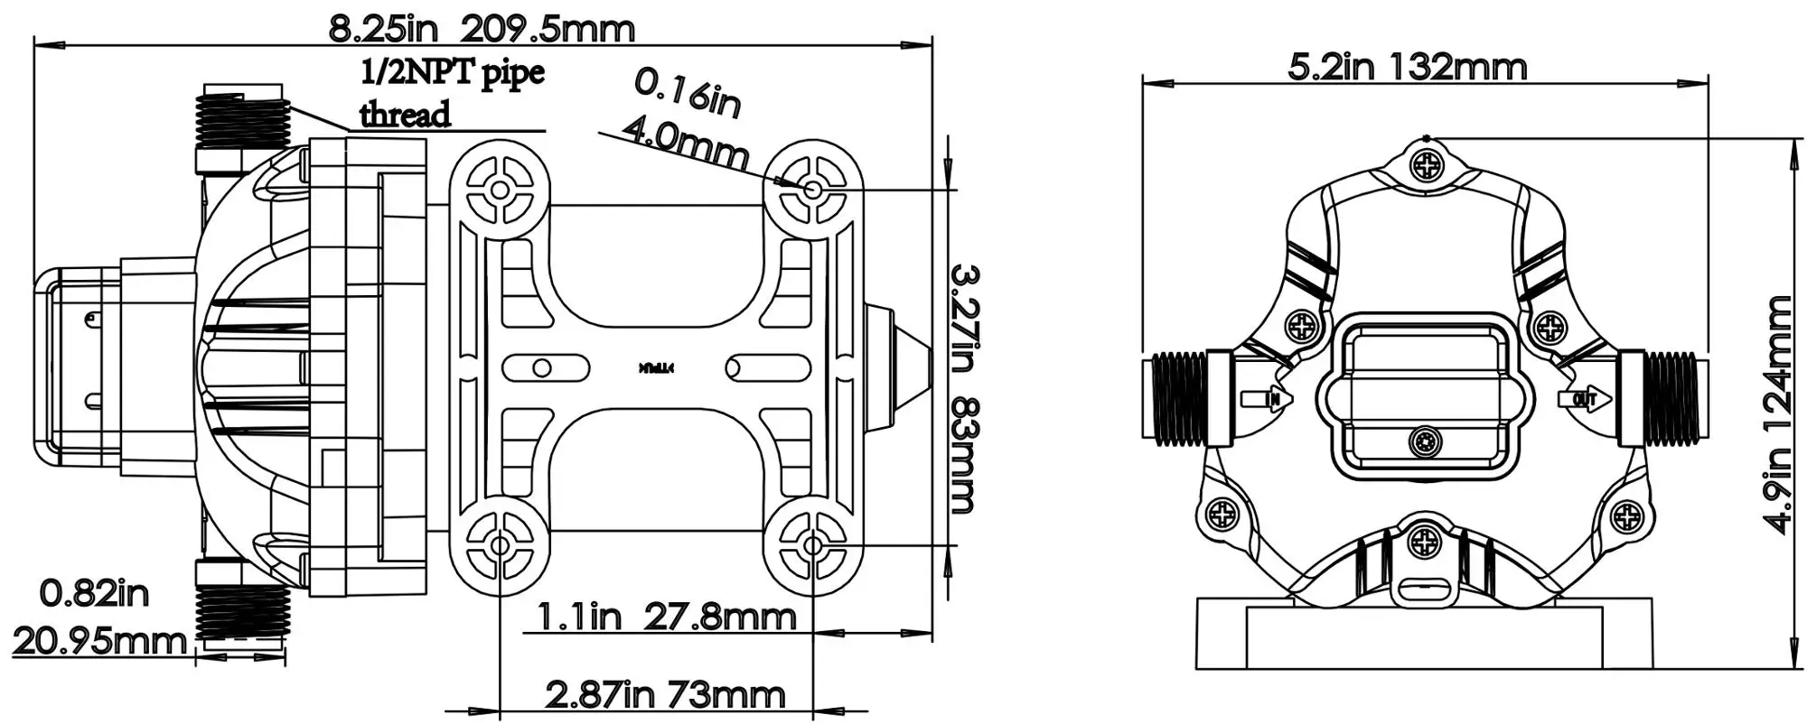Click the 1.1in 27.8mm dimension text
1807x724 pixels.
[x=667, y=617]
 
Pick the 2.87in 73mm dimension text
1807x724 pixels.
[x=665, y=694]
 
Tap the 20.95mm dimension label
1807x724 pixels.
[x=99, y=642]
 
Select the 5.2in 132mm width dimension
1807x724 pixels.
[x=1407, y=67]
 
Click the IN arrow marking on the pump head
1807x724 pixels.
[x=1269, y=398]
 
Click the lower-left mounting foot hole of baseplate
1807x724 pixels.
[x=499, y=544]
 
